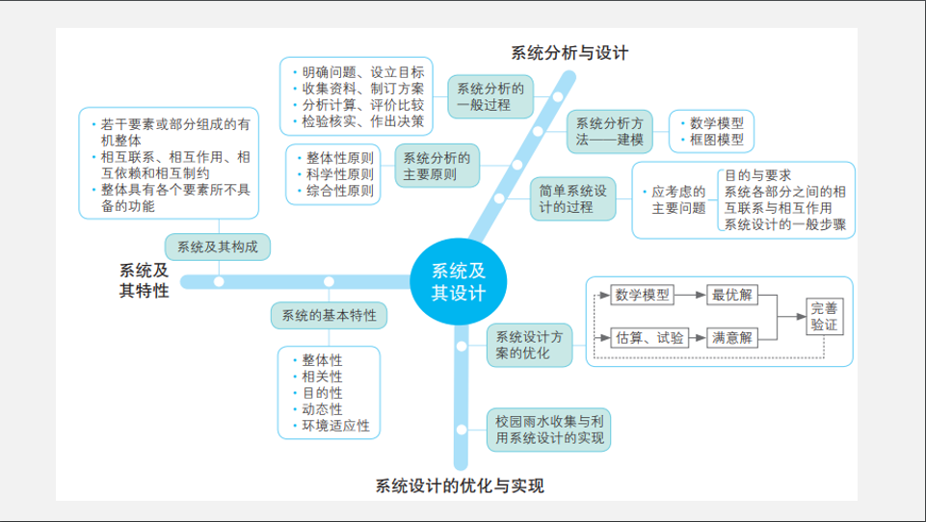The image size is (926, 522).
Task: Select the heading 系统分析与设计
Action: coord(569,53)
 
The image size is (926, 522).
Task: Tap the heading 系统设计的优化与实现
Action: coord(460,485)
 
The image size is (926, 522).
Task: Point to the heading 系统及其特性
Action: coord(144,280)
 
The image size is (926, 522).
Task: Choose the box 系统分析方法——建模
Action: coord(610,131)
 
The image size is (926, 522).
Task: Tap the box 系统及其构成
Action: coord(218,247)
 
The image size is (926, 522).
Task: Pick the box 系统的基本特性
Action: coord(329,315)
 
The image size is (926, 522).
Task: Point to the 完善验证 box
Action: coord(824,317)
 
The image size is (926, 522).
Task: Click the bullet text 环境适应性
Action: coord(335,426)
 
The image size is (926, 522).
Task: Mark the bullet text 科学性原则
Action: coord(340,174)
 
